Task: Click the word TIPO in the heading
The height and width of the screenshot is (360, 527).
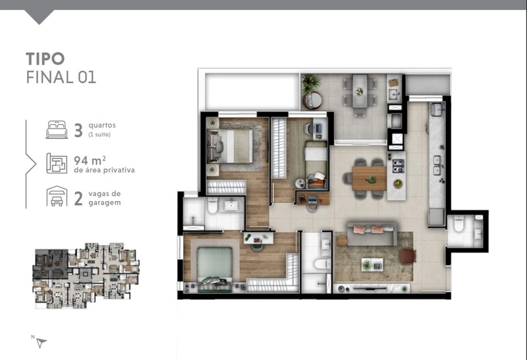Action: [45, 59]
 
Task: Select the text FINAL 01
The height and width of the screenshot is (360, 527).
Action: [61, 77]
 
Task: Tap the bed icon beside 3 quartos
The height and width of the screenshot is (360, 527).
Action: [57, 129]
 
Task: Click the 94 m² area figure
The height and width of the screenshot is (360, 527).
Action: [90, 160]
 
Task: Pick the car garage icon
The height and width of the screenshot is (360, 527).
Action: [57, 196]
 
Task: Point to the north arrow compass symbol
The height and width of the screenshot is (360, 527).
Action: [42, 342]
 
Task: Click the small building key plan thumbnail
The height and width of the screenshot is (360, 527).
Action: [86, 275]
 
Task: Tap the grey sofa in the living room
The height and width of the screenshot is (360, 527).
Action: [372, 233]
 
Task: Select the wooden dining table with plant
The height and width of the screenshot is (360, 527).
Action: [370, 178]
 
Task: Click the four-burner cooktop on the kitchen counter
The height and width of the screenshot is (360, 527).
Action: [399, 166]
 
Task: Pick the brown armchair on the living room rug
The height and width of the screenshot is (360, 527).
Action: [408, 256]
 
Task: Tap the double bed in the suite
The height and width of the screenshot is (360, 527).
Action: [231, 146]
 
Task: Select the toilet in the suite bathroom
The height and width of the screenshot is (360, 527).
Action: [213, 206]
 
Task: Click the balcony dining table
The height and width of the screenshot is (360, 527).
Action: [360, 91]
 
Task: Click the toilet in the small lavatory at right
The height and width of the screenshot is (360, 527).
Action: [458, 224]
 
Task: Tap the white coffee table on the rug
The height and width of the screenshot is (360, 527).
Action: [372, 264]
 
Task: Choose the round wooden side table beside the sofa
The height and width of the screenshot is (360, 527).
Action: [342, 241]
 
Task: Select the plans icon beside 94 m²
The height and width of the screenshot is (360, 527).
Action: [57, 163]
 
